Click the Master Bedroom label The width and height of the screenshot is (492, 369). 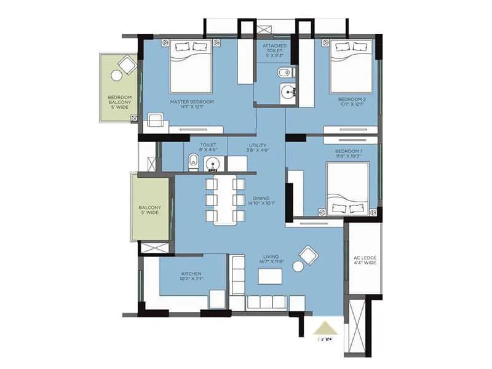point(192,104)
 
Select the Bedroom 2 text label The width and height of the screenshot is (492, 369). point(351,101)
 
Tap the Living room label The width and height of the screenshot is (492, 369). point(271,259)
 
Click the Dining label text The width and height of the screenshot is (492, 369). point(261,199)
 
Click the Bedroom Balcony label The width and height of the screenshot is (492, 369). point(118,101)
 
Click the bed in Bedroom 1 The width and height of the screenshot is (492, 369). point(347,187)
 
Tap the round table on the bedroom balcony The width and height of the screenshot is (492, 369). point(116,75)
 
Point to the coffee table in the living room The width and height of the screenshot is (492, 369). point(270,277)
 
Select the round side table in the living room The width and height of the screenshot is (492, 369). point(298,266)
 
